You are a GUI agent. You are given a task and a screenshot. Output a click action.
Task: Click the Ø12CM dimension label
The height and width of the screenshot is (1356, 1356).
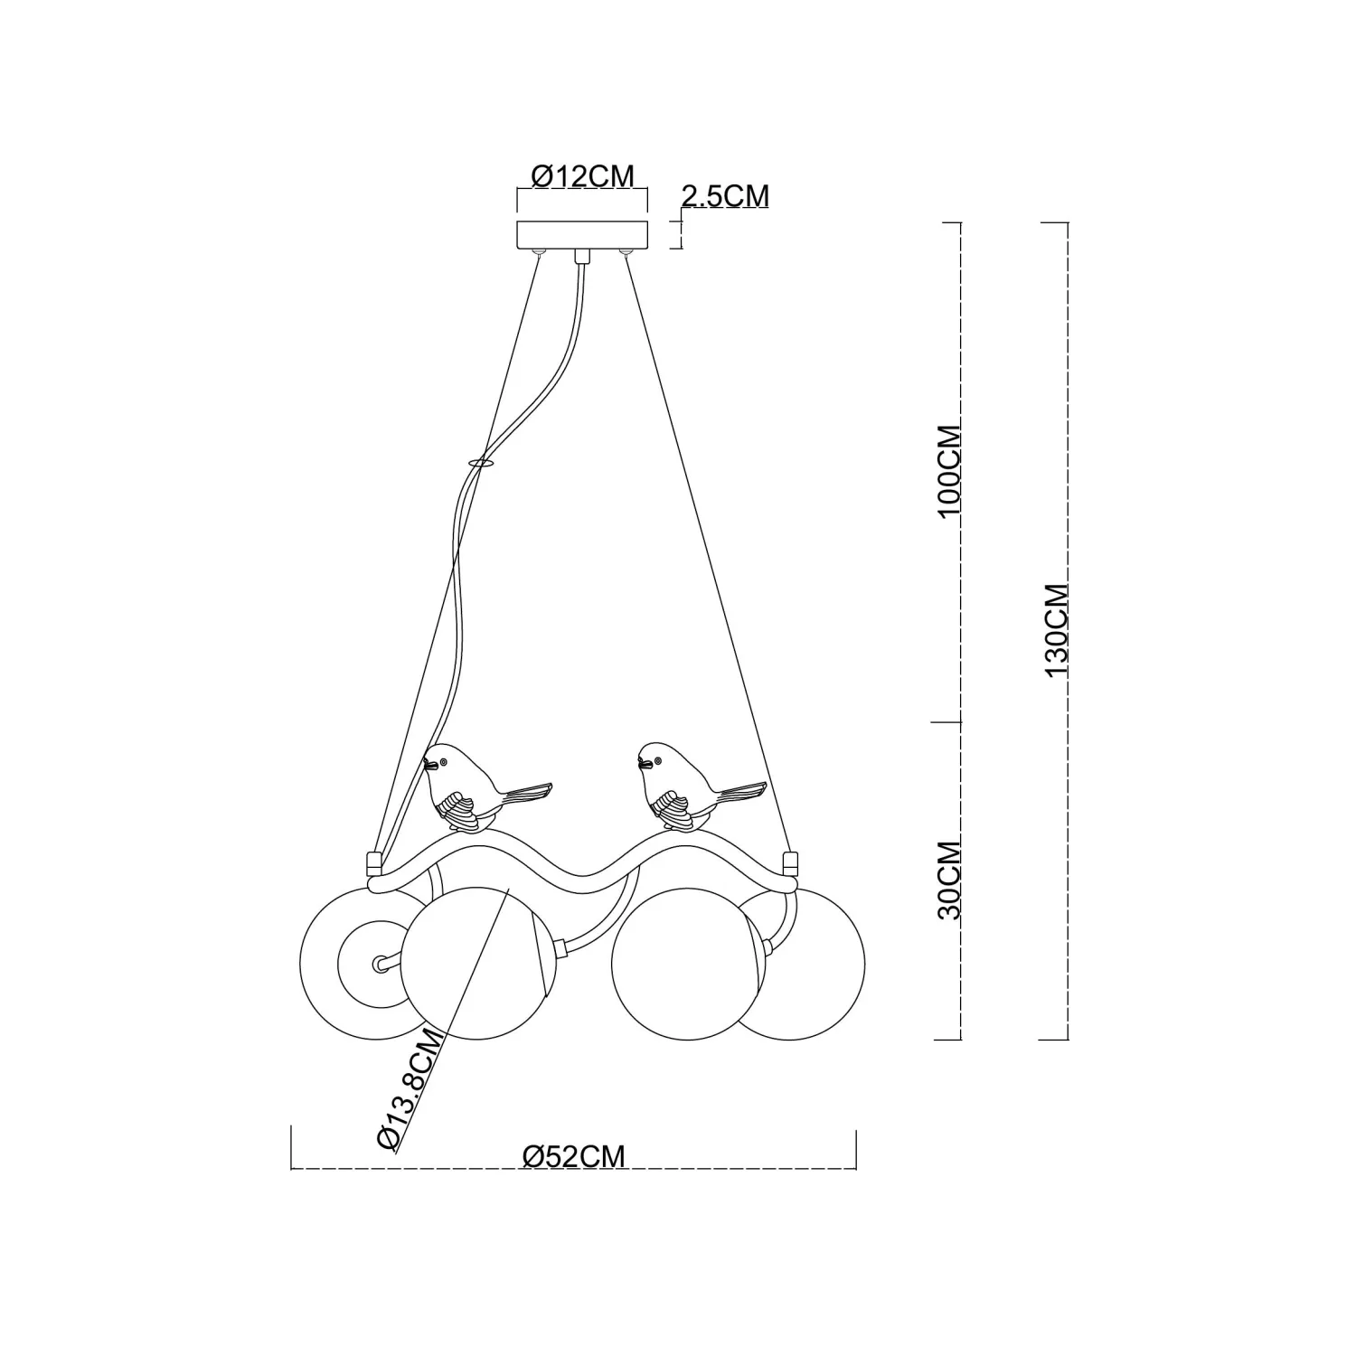[583, 175]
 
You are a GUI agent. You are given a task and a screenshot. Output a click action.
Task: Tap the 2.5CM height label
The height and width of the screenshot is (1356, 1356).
[724, 195]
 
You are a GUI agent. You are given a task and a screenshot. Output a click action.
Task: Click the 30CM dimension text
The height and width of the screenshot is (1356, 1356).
[948, 880]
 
